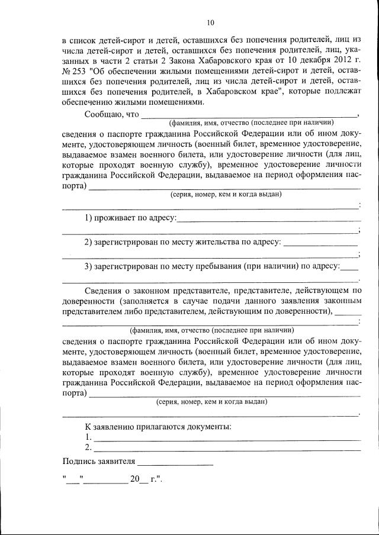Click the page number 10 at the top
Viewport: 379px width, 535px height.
(210, 24)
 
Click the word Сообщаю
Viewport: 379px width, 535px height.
(103, 114)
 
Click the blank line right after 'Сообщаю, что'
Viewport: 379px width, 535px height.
(249, 115)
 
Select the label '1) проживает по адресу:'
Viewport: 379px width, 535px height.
(130, 218)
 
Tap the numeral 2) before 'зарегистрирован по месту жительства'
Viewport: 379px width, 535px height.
(88, 242)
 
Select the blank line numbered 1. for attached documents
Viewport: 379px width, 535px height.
(227, 438)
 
